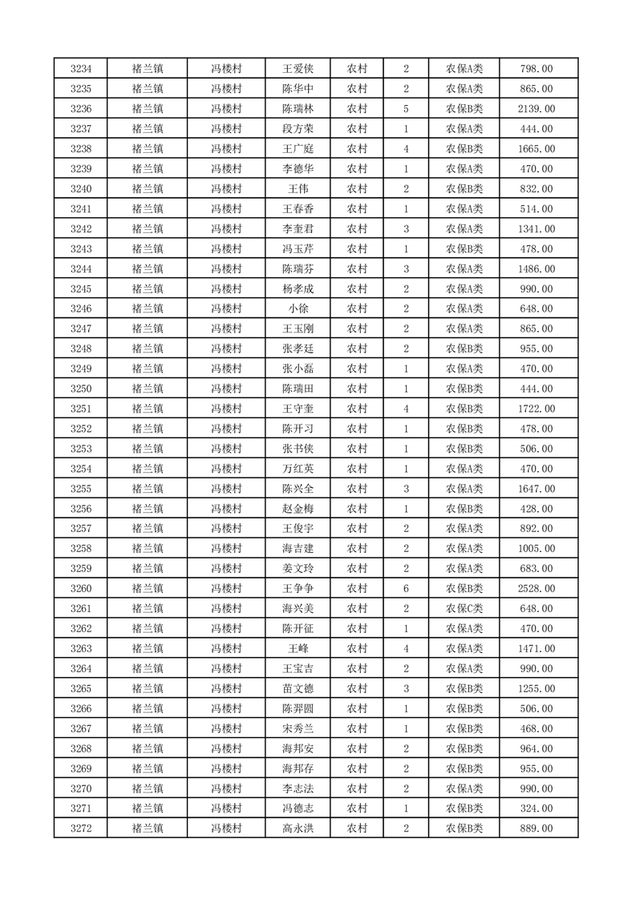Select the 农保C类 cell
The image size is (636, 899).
coord(464,608)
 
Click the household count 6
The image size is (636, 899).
coord(407,588)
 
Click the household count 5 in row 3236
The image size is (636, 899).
coord(407,109)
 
